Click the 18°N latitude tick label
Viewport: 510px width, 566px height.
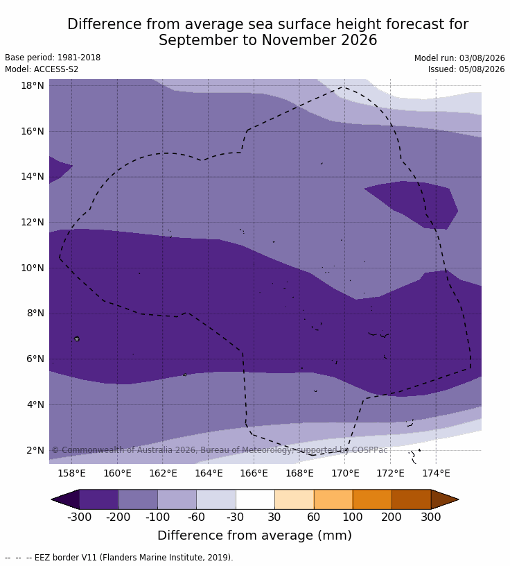pos(33,85)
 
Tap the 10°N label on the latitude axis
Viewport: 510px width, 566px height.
pos(33,268)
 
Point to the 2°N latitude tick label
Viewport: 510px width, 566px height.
pos(35,450)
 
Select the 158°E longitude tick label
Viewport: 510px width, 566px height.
pos(72,473)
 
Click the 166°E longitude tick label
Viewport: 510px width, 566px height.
pos(254,473)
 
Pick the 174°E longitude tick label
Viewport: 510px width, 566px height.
pos(436,473)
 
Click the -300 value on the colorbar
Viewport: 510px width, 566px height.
pos(80,517)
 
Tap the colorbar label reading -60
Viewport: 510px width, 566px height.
pos(196,517)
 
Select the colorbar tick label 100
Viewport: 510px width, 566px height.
pos(353,517)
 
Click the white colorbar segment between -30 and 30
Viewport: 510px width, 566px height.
pos(255,499)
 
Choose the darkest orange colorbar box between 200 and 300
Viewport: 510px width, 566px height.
pos(411,499)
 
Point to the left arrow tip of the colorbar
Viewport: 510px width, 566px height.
pos(52,499)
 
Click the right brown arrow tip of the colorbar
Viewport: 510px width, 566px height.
pos(458,499)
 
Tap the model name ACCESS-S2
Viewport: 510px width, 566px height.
pos(56,69)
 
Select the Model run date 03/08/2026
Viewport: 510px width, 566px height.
pos(482,58)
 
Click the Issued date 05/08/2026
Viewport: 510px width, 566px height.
pos(482,69)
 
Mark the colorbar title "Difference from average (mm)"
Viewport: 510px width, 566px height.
pos(254,535)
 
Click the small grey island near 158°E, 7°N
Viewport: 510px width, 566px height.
pos(76,338)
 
